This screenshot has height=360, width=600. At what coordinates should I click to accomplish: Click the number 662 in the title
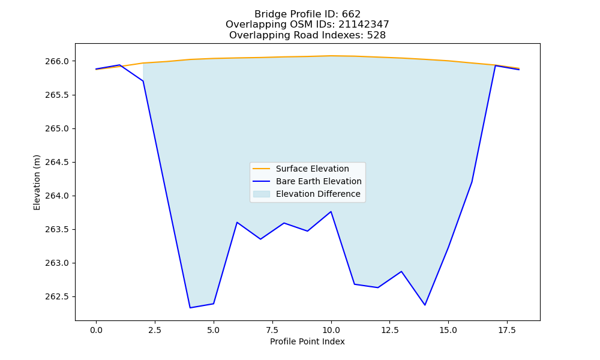point(351,14)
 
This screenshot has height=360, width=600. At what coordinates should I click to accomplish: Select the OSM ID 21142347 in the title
point(364,25)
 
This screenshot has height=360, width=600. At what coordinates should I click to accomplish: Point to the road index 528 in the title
point(376,35)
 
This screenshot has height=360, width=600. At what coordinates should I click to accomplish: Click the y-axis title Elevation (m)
point(37,182)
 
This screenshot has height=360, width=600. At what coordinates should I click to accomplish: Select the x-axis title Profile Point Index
point(307,341)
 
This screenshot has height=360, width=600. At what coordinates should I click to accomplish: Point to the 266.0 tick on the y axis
point(57,62)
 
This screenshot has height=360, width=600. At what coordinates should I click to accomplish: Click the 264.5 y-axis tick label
point(57,162)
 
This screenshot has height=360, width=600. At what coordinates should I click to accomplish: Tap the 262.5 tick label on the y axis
point(57,297)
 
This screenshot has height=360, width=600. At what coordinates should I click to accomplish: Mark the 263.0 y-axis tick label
point(57,263)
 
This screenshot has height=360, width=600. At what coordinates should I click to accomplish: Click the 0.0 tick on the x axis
point(96,330)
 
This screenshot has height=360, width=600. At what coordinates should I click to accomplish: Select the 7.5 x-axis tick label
point(272,330)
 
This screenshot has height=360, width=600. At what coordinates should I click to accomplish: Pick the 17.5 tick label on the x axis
point(507,330)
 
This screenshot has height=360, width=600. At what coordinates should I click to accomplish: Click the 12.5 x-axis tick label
point(389,330)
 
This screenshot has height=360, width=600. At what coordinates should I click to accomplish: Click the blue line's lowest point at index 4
point(190,308)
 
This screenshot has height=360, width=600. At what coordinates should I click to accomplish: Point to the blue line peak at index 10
point(331,212)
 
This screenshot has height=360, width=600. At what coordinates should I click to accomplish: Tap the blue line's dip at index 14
point(425,305)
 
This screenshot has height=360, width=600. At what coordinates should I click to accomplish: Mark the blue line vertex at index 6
point(237,222)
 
